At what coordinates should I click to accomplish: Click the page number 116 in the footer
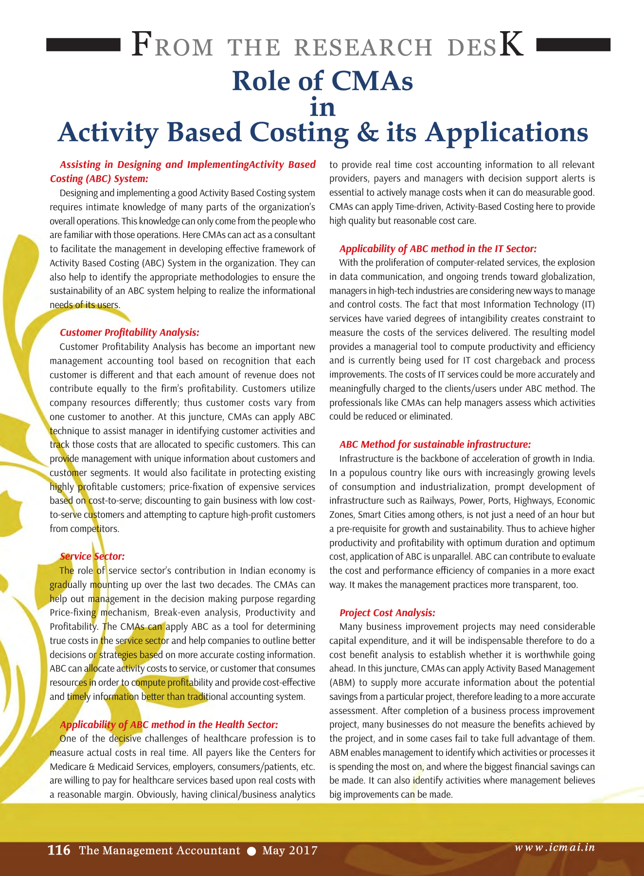(58, 850)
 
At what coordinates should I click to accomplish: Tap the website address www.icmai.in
(555, 847)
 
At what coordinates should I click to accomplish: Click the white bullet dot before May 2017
(251, 851)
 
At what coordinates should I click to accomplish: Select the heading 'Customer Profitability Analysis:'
(129, 332)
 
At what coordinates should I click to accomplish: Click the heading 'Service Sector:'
(92, 556)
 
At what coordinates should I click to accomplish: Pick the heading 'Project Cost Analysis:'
(387, 613)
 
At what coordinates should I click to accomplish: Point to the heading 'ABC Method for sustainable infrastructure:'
(435, 444)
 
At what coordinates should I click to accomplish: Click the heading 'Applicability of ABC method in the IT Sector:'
(438, 249)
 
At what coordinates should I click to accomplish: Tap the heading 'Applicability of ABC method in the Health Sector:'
(169, 725)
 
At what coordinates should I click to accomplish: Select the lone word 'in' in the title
(322, 107)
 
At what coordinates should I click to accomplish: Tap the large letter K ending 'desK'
(512, 45)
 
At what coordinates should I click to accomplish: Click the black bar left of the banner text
(83, 45)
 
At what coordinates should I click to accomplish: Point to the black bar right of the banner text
(573, 45)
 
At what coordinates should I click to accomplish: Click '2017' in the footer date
(303, 851)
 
